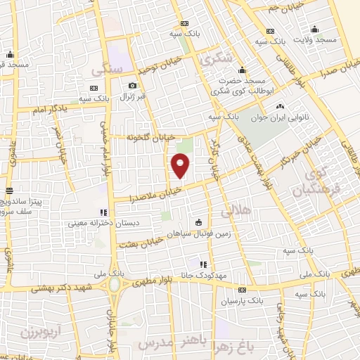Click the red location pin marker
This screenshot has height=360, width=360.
pyautogui.click(x=181, y=165)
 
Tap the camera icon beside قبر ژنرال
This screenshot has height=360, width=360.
pyautogui.click(x=131, y=86)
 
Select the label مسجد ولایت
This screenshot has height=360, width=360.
pyautogui.click(x=316, y=40)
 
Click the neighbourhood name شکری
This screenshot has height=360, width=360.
pyautogui.click(x=217, y=60)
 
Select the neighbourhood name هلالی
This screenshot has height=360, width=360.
pyautogui.click(x=236, y=211)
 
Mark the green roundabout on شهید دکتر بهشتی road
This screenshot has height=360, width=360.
pyautogui.click(x=113, y=284)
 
